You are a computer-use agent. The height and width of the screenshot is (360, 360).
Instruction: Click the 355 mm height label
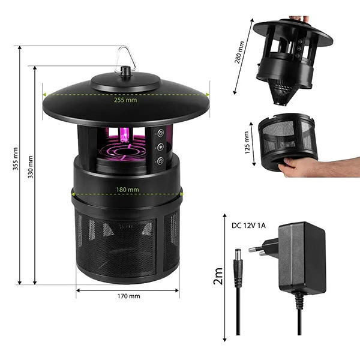click(x=16, y=158)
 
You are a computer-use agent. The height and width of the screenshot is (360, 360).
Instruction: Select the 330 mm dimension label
click(x=31, y=167)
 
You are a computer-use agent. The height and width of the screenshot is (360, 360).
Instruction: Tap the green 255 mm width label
click(x=125, y=100)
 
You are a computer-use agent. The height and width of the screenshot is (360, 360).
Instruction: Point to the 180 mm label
click(x=127, y=190)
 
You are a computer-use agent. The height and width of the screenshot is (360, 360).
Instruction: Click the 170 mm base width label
click(x=128, y=296)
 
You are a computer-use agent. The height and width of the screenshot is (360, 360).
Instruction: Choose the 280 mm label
click(x=239, y=52)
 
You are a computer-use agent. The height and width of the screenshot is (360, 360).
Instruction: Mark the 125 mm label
click(x=247, y=143)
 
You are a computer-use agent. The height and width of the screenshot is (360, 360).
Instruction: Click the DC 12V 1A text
click(x=248, y=226)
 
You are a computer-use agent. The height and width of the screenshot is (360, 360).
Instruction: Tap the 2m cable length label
click(x=218, y=276)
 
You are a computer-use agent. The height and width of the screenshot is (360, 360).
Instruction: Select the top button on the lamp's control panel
click(x=160, y=133)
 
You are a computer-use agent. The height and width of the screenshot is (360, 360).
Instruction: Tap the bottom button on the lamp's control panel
click(x=160, y=161)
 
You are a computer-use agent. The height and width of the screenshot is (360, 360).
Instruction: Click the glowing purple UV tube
click(x=125, y=135)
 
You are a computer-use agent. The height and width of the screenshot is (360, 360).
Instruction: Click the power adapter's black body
click(x=302, y=257)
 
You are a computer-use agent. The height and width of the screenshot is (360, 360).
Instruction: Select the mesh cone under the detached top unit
click(x=283, y=92)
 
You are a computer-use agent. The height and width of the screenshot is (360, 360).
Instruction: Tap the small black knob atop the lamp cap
click(x=125, y=70)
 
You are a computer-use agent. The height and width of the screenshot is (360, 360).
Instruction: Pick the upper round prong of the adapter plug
click(x=256, y=249)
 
